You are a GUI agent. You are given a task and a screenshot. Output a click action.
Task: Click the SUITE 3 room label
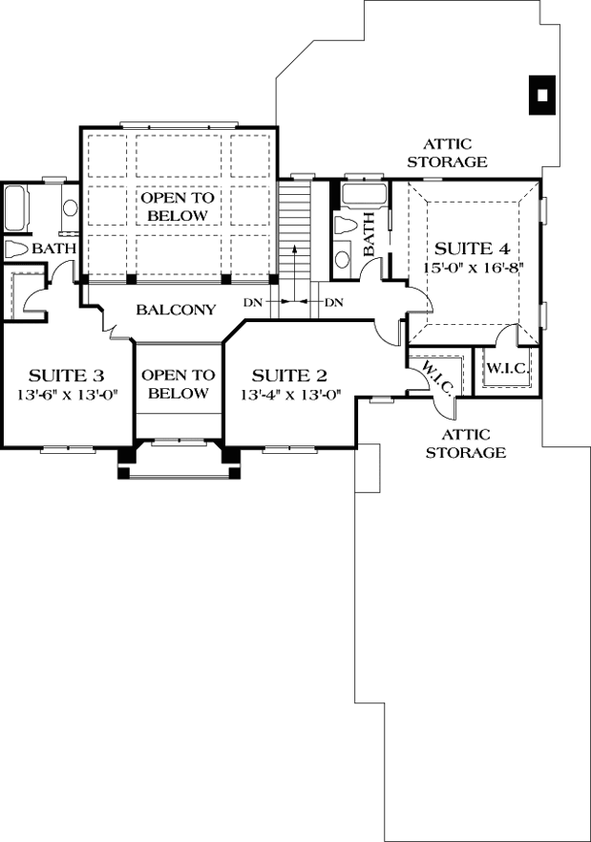coord(66,375)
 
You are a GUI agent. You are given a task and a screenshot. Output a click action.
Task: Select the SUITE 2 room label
coord(290,375)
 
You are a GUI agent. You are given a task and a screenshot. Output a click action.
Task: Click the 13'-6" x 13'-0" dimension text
coord(66,395)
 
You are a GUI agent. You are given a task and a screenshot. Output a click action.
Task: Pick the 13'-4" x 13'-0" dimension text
coord(290,395)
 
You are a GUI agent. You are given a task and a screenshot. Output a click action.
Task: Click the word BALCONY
coord(176,310)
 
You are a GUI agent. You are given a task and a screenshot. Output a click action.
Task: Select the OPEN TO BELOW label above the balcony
coord(177,206)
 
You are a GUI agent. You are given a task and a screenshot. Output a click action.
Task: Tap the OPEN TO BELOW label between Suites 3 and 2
coord(177,384)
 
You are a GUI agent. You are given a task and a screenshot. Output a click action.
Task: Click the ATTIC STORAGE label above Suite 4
coord(447,153)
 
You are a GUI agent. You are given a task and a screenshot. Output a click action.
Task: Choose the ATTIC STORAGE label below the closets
coord(466,443)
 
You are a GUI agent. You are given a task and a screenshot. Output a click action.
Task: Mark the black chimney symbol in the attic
coord(541,95)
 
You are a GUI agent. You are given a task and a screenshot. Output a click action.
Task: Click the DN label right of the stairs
coord(334,303)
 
